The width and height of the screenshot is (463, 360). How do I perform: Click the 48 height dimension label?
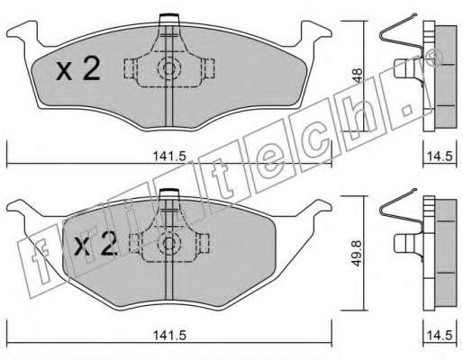(x=358, y=76)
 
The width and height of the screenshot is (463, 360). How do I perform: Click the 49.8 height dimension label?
(x=358, y=253)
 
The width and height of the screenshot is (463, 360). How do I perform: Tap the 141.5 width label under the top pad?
(x=169, y=157)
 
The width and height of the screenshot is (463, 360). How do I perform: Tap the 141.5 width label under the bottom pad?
(x=169, y=335)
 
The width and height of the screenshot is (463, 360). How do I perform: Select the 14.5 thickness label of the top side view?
(x=440, y=157)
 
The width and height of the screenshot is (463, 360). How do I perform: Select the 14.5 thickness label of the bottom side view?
(x=440, y=335)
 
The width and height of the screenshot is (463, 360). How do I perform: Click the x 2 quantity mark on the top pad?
(x=78, y=69)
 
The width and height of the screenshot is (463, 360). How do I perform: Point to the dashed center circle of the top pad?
(x=169, y=68)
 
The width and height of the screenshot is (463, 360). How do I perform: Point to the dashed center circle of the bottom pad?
(x=169, y=243)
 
